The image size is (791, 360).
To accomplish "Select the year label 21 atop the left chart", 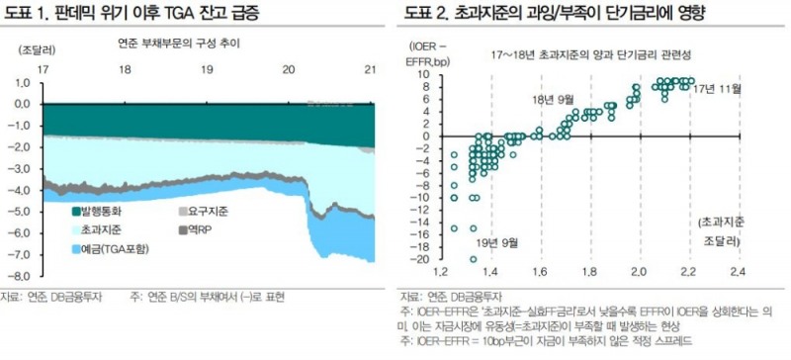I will (x=370, y=70).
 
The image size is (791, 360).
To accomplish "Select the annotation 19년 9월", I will (x=496, y=239).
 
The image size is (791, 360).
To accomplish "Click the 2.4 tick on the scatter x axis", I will (x=737, y=271).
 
